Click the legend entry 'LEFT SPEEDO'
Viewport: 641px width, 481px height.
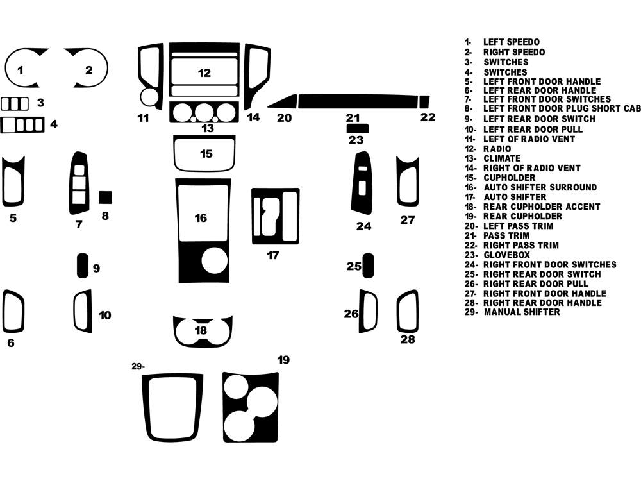pos(511,42)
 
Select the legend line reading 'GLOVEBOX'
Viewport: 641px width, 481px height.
pos(506,255)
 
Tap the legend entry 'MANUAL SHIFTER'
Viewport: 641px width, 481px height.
pos(521,312)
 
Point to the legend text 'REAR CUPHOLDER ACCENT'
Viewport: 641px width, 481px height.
pos(541,207)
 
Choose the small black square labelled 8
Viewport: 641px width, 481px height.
pos(105,197)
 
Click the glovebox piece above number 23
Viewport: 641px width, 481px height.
pos(356,128)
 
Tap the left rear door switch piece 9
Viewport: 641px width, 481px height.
pos(83,266)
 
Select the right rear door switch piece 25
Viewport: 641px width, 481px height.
pos(369,266)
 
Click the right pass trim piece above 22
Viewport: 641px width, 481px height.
pos(424,102)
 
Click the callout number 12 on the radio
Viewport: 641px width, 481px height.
pos(204,73)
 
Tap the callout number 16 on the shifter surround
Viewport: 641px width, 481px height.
pos(201,218)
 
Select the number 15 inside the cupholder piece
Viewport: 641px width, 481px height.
pos(206,154)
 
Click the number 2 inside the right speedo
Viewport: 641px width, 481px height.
pos(89,71)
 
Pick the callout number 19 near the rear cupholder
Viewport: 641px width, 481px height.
pos(283,360)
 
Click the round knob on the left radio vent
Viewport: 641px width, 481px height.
pos(149,97)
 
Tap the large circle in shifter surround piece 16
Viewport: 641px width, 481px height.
pos(214,261)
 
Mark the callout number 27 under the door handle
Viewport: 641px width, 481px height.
pos(408,221)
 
